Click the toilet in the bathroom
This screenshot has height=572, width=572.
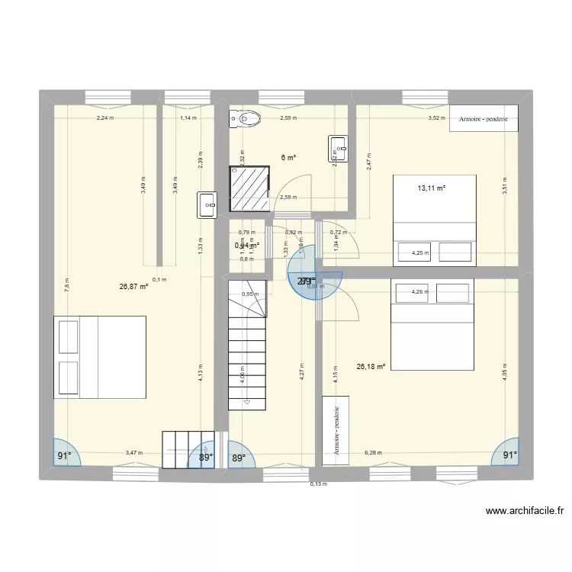(245, 118)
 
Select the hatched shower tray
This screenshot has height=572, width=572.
(250, 188)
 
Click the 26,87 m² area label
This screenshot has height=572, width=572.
(133, 287)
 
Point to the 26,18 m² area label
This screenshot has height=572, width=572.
(371, 366)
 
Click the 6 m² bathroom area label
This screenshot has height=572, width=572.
(288, 158)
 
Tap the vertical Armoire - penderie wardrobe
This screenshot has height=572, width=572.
(336, 430)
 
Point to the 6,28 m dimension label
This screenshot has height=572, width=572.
(374, 452)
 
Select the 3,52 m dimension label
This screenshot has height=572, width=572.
(435, 118)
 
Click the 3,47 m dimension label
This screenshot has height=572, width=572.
(134, 453)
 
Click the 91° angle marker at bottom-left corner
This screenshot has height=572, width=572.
(63, 456)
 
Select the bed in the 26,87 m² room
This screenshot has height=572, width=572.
(100, 357)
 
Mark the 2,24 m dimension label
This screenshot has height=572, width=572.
(104, 118)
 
